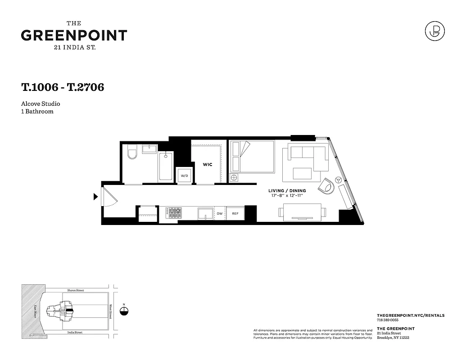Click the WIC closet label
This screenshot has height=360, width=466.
pyautogui.click(x=207, y=165)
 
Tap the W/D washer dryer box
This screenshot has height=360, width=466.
pyautogui.click(x=185, y=175)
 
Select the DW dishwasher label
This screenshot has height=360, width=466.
pyautogui.click(x=220, y=213)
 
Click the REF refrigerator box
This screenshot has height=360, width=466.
pyautogui.click(x=235, y=213)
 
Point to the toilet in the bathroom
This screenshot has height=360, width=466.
pyautogui.click(x=132, y=153)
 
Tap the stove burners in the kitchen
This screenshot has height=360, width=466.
pyautogui.click(x=174, y=213)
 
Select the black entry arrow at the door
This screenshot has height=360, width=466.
pyautogui.click(x=95, y=197)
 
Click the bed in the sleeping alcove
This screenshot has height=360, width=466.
pyautogui.click(x=252, y=156)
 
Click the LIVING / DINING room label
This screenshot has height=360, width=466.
pyautogui.click(x=287, y=191)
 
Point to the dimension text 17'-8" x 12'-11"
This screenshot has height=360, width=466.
pyautogui.click(x=287, y=196)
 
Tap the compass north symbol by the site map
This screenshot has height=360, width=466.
pyautogui.click(x=125, y=311)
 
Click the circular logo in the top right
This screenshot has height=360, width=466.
pyautogui.click(x=435, y=32)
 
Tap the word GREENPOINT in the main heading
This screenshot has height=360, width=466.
pyautogui.click(x=74, y=36)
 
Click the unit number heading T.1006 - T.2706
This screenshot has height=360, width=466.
pyautogui.click(x=63, y=87)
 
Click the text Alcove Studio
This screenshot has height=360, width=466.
pyautogui.click(x=40, y=104)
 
